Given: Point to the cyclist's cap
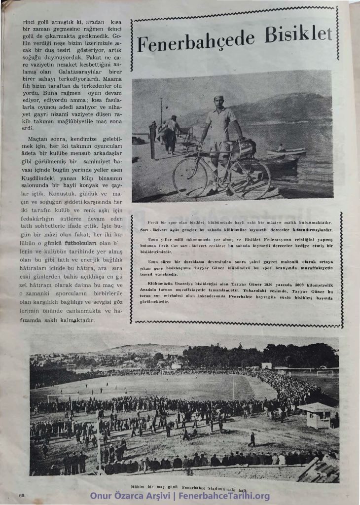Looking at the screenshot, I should point(218,98).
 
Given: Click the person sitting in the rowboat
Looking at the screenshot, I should point(281,147).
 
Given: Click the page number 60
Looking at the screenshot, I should point(22,495).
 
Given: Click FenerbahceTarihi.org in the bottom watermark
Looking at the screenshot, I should point(227,496).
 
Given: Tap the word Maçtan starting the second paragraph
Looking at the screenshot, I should point(38,140).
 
